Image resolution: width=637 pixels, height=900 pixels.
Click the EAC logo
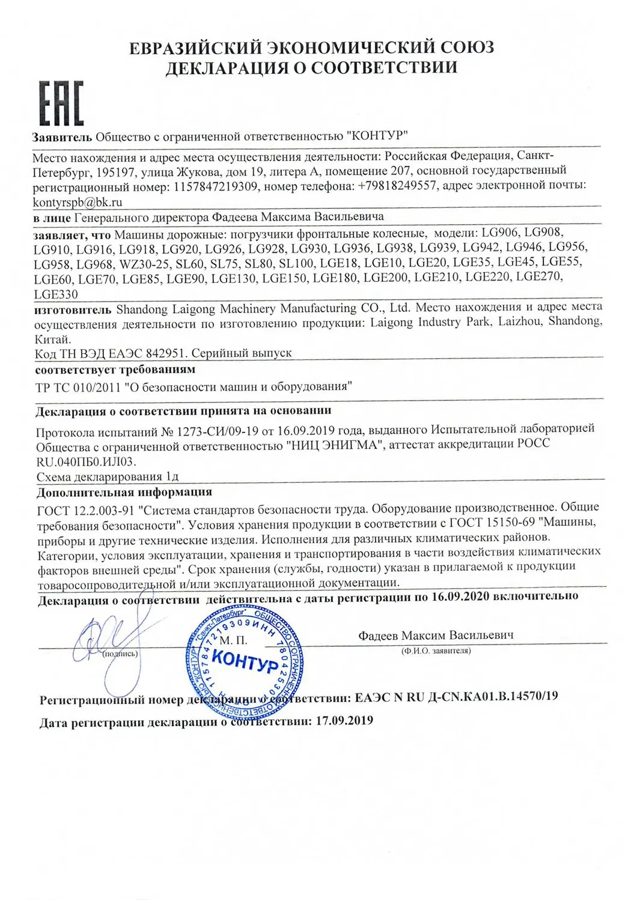pos(61,103)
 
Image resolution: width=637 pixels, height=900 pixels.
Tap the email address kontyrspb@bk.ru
pos(78,202)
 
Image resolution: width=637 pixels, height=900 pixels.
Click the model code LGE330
pos(56,294)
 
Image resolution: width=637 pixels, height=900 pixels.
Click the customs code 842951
pos(166,353)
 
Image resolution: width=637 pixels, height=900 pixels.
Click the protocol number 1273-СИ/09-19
pos(221,431)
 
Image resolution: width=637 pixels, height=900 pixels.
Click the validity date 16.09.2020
pos(460,596)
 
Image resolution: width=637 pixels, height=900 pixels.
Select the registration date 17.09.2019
pos(344,720)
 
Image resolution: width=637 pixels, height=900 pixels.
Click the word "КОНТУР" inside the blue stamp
pos(246,662)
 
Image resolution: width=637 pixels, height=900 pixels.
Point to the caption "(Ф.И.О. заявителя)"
pos(436,650)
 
